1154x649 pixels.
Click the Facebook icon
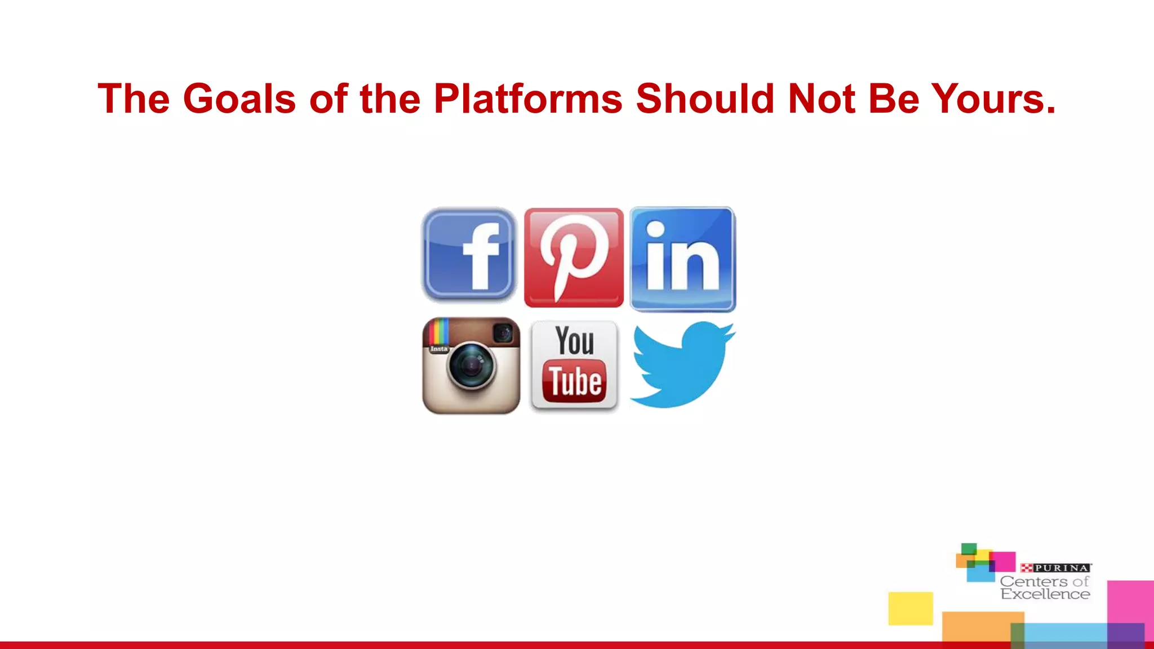click(x=469, y=255)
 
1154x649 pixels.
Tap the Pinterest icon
click(x=574, y=257)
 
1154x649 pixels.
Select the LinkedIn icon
click(x=682, y=259)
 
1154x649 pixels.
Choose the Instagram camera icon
click(x=471, y=365)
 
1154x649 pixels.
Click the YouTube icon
click(x=574, y=365)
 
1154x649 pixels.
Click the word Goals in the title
click(x=239, y=99)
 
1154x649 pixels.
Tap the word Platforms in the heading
click(x=528, y=99)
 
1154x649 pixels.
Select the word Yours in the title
click(x=993, y=99)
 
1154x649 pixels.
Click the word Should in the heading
click(x=705, y=99)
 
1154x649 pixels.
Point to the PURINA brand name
click(x=1061, y=568)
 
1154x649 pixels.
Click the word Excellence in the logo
click(x=1045, y=594)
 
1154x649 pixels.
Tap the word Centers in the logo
click(x=1033, y=581)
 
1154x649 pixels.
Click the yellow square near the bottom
click(x=911, y=608)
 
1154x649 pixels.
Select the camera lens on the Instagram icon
click(x=471, y=366)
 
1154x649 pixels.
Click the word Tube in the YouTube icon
click(x=575, y=382)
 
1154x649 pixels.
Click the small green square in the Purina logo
click(x=969, y=549)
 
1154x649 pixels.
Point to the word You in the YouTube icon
click(x=575, y=341)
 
